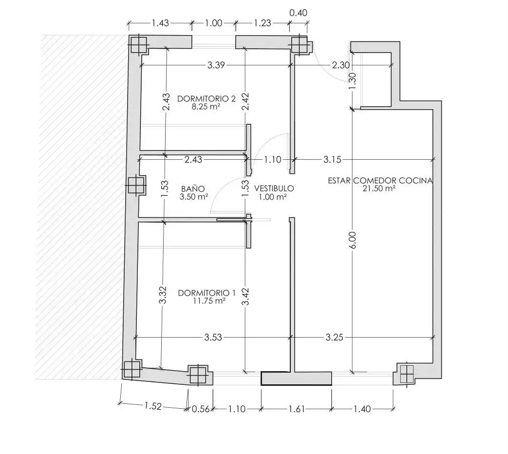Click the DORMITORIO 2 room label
[207, 98]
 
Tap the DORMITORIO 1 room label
[207, 293]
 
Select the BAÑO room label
[193, 189]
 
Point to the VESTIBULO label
[274, 189]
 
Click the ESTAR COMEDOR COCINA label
[380, 181]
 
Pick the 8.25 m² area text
[206, 107]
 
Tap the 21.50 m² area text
[379, 189]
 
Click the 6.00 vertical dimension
[353, 240]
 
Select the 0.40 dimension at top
[298, 13]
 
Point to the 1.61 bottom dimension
[297, 409]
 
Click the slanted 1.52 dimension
[153, 406]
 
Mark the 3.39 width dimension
[216, 65]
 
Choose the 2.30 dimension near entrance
[341, 65]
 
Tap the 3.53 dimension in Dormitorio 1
[213, 338]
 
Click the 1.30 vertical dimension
[353, 81]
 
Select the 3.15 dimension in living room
[332, 159]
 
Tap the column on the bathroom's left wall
[136, 186]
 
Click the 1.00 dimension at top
[214, 23]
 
